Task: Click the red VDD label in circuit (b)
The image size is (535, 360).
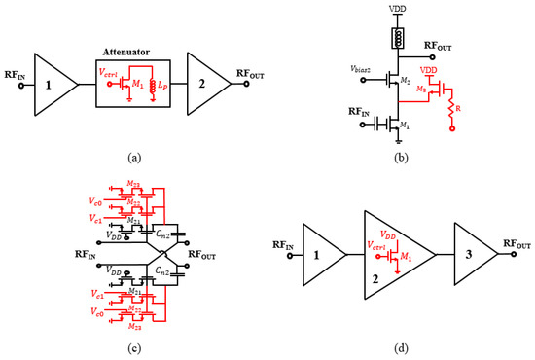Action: [x=429, y=72]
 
